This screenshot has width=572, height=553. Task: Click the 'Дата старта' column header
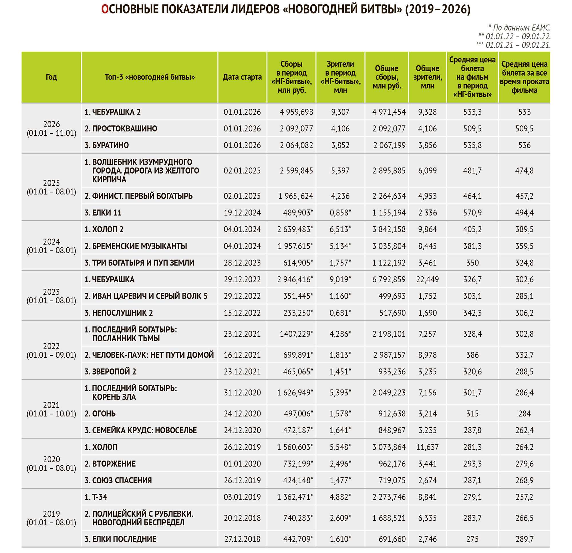(242, 77)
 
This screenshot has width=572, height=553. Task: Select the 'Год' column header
(51, 77)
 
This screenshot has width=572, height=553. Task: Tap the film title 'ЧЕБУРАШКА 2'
(116, 112)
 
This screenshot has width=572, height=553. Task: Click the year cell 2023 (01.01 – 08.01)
(51, 296)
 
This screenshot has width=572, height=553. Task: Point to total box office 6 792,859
(389, 280)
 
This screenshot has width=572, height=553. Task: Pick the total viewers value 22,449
(427, 280)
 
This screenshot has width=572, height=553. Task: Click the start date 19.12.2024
(242, 212)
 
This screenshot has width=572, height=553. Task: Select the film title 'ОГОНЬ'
(104, 414)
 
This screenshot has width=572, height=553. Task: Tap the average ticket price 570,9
(472, 212)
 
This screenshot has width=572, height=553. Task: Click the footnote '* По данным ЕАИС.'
(519, 28)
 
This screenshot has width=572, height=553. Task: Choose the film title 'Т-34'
(100, 497)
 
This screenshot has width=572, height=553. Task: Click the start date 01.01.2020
(242, 464)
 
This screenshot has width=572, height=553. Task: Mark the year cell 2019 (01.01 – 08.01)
(51, 518)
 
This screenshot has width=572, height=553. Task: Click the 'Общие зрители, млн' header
(427, 77)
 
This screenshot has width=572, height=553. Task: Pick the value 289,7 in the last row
(524, 539)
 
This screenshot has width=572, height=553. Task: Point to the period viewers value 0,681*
(340, 313)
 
